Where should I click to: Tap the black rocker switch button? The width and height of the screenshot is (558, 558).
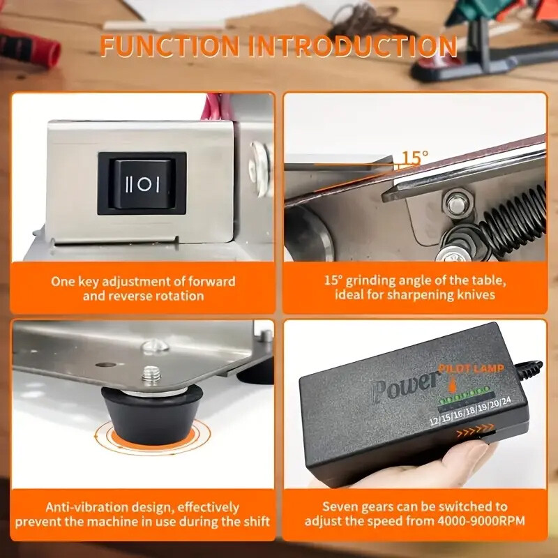(x=142, y=184)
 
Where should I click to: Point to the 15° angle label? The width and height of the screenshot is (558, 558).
(x=415, y=157)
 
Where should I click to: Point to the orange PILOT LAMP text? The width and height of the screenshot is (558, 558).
(x=472, y=368)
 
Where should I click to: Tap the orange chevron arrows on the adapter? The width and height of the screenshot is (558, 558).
(x=475, y=430)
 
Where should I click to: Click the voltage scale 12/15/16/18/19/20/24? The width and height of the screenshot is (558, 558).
(x=470, y=412)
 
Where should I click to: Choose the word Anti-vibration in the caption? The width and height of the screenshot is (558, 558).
(x=87, y=507)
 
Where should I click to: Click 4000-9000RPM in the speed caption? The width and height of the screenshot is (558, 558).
(x=481, y=521)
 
